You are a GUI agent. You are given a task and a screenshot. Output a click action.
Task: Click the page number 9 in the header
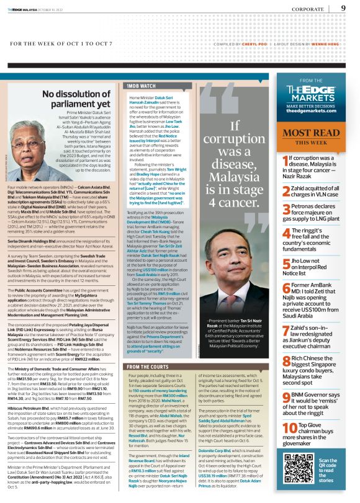pos(343,8)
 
